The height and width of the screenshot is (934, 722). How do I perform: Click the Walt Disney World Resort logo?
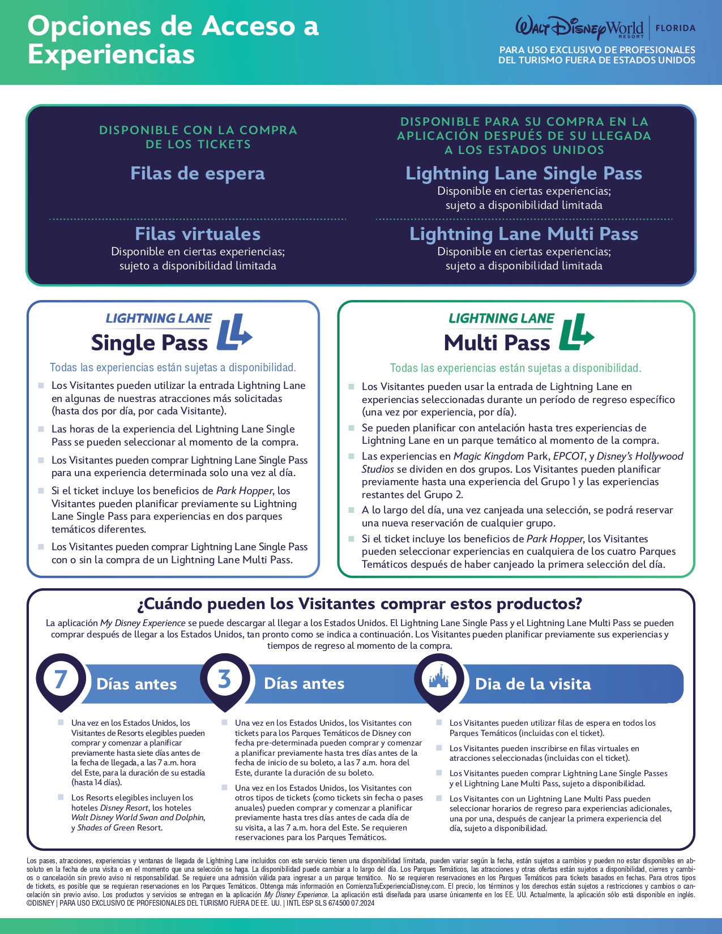pyautogui.click(x=579, y=27)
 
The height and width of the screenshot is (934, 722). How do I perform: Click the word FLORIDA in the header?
pyautogui.click(x=675, y=28)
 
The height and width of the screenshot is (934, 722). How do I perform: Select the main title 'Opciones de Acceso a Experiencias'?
pyautogui.click(x=173, y=40)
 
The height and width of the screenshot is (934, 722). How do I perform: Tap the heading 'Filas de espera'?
pyautogui.click(x=198, y=173)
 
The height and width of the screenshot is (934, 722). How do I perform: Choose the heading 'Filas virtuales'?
pyautogui.click(x=198, y=234)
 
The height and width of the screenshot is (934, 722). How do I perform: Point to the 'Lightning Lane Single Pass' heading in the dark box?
pyautogui.click(x=524, y=173)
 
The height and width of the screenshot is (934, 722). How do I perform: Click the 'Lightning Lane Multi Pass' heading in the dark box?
pyautogui.click(x=524, y=234)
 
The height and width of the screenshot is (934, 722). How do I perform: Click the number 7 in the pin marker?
pyautogui.click(x=61, y=679)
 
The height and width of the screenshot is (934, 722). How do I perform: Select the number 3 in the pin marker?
pyautogui.click(x=225, y=678)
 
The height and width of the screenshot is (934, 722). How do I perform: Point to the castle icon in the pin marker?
pyautogui.click(x=439, y=677)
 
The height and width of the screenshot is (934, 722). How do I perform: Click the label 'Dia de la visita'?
pyautogui.click(x=533, y=684)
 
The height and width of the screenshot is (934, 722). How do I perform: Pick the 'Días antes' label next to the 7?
pyautogui.click(x=136, y=684)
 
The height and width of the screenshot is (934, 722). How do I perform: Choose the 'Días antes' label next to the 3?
pyautogui.click(x=304, y=684)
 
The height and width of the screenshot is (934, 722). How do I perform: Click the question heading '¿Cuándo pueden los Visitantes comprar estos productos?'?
pyautogui.click(x=360, y=604)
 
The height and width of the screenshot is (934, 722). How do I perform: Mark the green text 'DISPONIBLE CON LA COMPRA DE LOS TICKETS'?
pyautogui.click(x=198, y=137)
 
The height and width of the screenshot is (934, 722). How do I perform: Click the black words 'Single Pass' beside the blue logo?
pyautogui.click(x=149, y=343)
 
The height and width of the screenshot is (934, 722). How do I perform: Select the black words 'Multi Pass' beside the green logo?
pyautogui.click(x=497, y=343)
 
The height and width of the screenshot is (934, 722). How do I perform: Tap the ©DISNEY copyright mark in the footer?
pyautogui.click(x=41, y=903)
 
